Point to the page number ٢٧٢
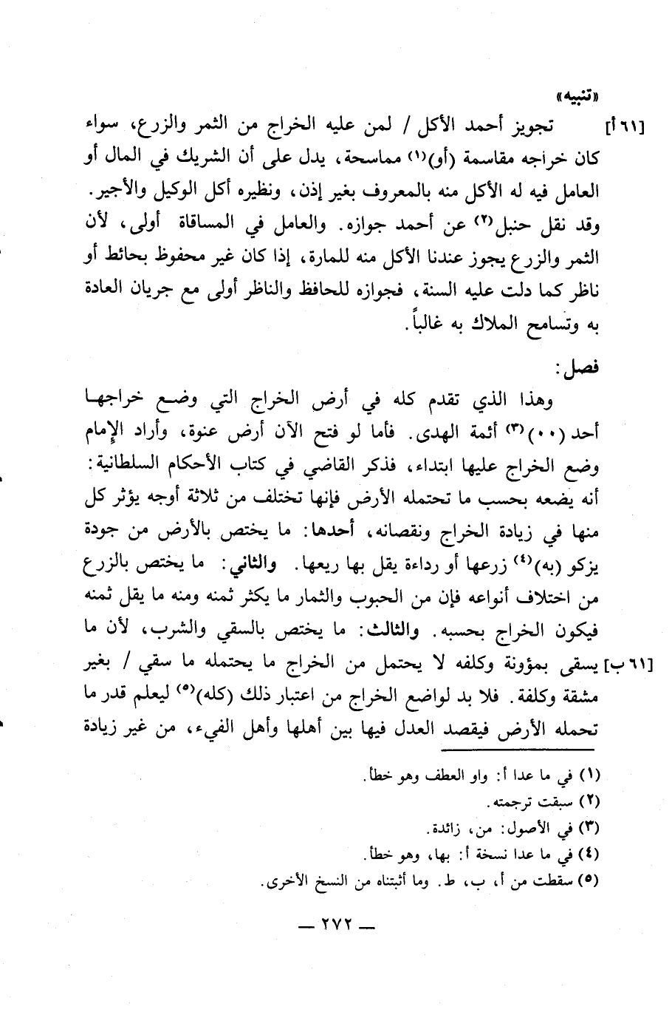click(335, 926)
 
